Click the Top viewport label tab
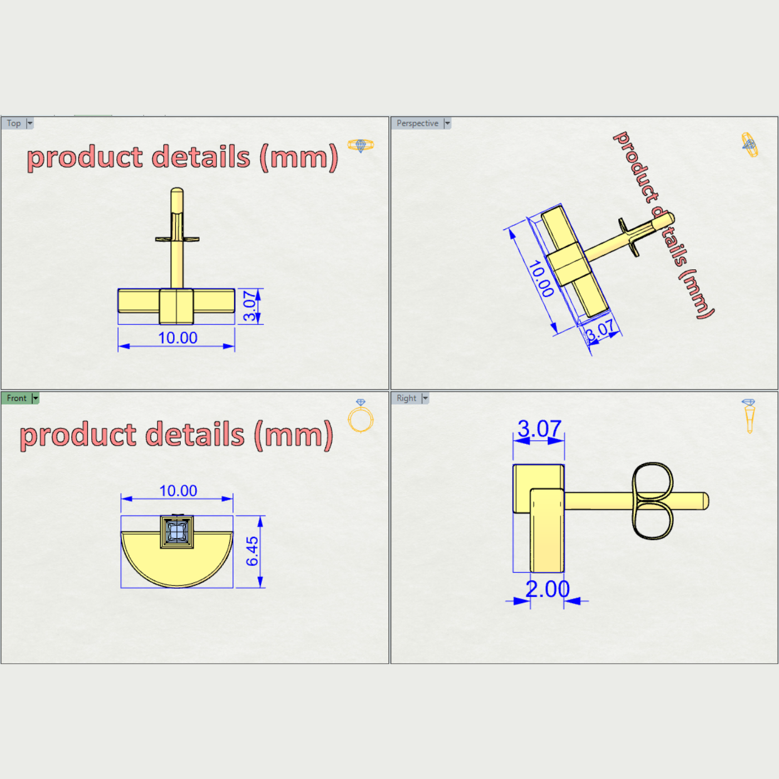tap(14, 123)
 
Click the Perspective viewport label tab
tap(417, 123)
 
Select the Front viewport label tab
tap(16, 398)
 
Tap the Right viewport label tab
tap(406, 398)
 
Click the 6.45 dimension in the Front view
tap(252, 551)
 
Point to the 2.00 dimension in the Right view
tap(548, 589)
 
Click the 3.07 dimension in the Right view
tap(539, 429)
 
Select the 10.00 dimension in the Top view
tap(178, 338)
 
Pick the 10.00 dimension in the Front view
tap(178, 491)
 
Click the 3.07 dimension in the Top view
tap(250, 306)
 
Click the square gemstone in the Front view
tap(177, 531)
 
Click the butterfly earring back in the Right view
tap(652, 501)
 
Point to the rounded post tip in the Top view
tap(177, 193)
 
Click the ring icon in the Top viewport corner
tap(361, 145)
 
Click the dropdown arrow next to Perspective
tap(447, 123)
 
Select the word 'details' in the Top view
tap(201, 157)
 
